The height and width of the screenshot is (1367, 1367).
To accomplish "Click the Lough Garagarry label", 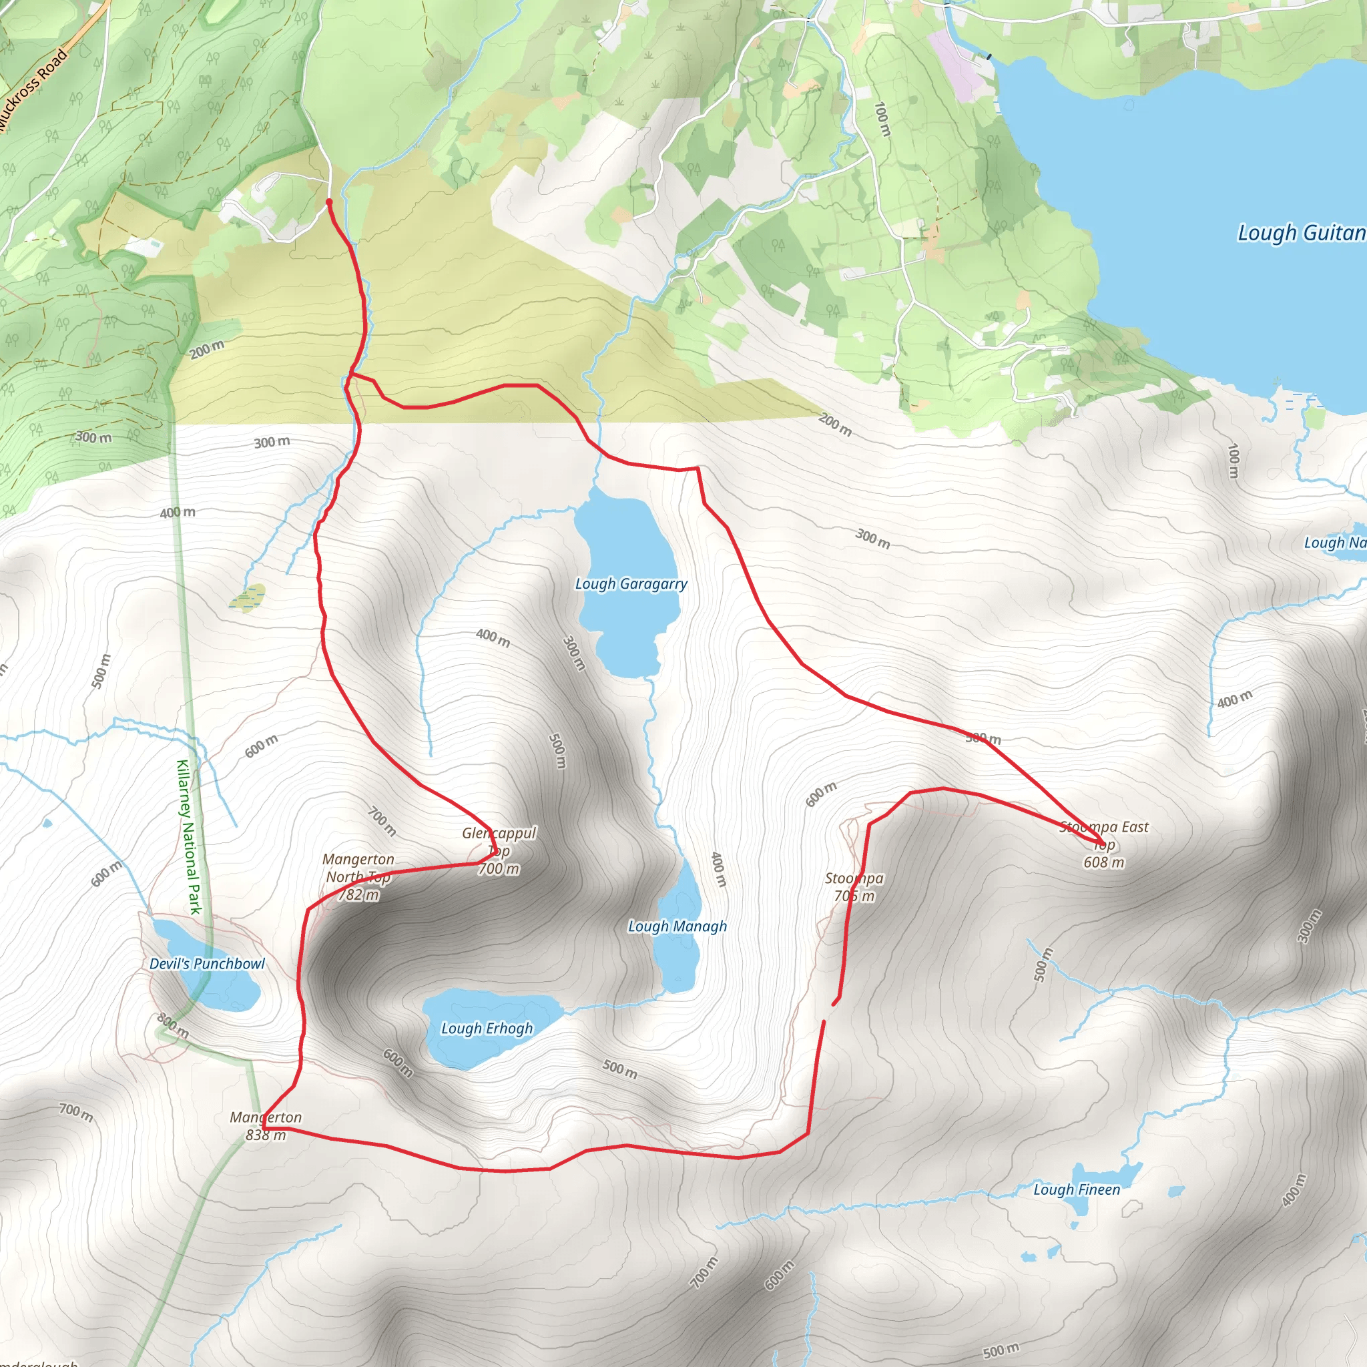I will [x=630, y=584].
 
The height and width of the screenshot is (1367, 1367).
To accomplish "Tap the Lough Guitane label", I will [x=1300, y=233].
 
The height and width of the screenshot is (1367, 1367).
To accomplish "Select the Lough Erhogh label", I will [x=487, y=1028].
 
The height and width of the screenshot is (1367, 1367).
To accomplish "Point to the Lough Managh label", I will [x=677, y=926].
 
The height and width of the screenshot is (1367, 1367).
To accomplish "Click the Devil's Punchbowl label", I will [x=207, y=964].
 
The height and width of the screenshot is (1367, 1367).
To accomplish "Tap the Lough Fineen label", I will [x=1076, y=1189].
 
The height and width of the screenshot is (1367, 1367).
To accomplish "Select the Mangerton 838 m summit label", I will [x=266, y=1126].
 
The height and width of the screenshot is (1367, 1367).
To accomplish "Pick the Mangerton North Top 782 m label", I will [x=358, y=876].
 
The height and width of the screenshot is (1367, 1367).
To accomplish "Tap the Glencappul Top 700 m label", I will [x=499, y=850].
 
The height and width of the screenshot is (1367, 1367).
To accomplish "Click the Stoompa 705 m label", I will [x=854, y=887].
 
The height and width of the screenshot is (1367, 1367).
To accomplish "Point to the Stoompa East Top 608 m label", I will [x=1104, y=844].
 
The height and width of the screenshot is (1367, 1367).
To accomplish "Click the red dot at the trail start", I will [x=329, y=202].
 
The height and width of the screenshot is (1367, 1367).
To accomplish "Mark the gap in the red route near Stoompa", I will [x=829, y=1012].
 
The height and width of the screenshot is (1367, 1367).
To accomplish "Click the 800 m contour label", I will [x=173, y=1025].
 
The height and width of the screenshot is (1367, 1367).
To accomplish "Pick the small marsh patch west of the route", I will [x=247, y=597].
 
